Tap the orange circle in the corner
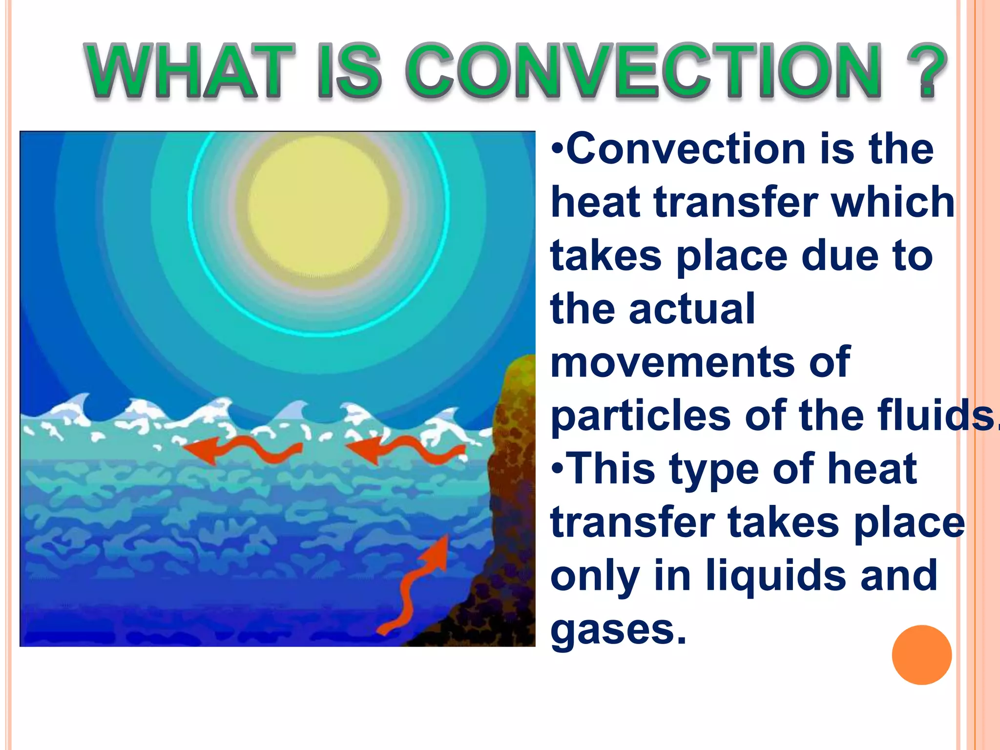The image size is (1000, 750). [x=921, y=655]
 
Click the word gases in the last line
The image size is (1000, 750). [x=618, y=630]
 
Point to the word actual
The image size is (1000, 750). [x=692, y=309]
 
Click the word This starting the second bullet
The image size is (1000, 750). [x=612, y=469]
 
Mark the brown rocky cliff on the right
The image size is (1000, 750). [x=510, y=513]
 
